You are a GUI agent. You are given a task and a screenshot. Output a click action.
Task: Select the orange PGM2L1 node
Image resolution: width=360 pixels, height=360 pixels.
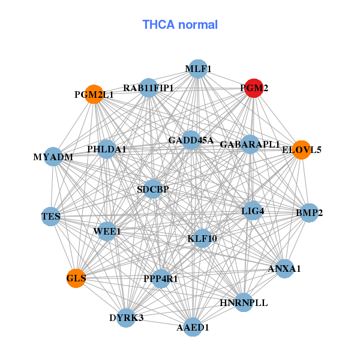94,94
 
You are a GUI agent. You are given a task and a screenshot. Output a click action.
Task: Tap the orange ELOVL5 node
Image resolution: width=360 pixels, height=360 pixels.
301,149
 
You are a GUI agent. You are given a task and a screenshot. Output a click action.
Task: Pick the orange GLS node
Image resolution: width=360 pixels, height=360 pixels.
76,278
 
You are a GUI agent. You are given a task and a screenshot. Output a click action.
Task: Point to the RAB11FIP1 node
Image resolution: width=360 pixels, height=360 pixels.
148,88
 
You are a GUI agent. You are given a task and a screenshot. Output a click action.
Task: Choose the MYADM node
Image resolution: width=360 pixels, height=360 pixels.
53,157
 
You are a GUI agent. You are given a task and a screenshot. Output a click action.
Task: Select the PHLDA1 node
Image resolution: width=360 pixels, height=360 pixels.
107,149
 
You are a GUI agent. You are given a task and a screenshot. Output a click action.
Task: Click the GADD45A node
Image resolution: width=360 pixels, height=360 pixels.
191,140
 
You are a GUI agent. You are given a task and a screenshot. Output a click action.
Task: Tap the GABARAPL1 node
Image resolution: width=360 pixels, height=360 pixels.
250,145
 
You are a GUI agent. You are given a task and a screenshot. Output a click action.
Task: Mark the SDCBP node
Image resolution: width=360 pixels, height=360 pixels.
153,189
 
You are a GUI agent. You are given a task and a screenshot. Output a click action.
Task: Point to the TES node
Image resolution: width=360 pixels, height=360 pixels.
50,216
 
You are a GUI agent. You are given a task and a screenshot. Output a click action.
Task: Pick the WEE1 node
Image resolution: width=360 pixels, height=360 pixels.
107,231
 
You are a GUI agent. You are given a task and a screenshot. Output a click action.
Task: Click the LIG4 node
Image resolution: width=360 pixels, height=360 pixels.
253,211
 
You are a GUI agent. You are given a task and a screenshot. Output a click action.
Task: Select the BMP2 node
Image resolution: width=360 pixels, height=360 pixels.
309,213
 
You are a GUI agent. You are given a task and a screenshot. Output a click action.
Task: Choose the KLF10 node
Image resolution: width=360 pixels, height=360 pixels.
202,238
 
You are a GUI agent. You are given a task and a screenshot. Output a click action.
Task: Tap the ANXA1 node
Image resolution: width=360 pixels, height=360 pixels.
284,268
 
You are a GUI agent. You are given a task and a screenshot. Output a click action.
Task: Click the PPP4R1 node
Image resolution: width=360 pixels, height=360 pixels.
161,278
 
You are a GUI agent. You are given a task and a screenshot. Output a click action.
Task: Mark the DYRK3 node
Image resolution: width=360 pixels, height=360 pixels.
126,317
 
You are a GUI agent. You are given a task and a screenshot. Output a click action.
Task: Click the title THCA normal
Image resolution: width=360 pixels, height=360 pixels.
179,25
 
